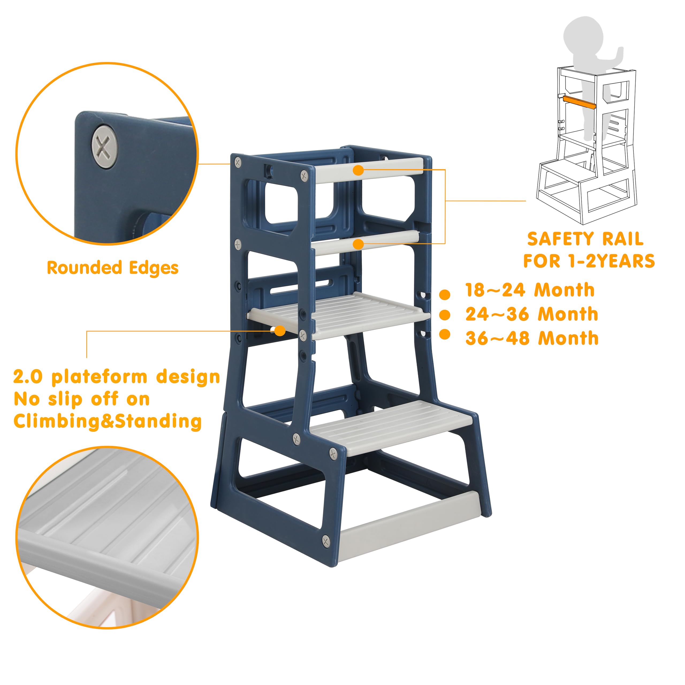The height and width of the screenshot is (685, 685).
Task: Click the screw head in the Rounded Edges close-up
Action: point(105,147)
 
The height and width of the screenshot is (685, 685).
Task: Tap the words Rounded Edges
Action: point(112,268)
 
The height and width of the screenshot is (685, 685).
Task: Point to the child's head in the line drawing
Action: point(583,34)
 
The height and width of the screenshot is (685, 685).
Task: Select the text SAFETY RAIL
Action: point(585,239)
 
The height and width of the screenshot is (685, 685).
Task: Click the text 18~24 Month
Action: point(530,290)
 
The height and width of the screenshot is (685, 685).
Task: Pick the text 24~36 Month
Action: point(532,314)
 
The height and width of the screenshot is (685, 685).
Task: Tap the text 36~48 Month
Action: point(532,338)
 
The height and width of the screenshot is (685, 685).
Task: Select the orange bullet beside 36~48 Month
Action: point(445,334)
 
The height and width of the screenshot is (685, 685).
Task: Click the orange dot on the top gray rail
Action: point(359,170)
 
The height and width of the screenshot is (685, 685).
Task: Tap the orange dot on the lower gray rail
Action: point(359,244)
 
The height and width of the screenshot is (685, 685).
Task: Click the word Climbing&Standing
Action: point(107,421)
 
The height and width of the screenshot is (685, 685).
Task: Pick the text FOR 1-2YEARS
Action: point(589,261)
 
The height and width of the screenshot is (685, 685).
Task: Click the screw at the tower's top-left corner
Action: point(238,162)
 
